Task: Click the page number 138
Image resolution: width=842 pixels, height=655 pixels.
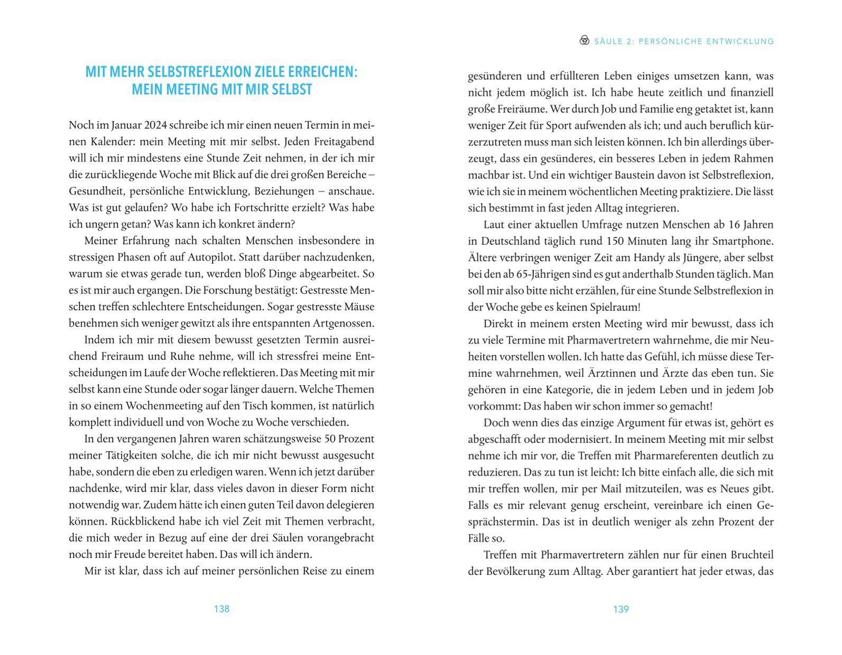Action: point(221,609)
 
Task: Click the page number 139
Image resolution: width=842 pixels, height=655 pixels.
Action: point(621,609)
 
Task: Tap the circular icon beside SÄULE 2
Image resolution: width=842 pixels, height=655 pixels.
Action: point(584,40)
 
